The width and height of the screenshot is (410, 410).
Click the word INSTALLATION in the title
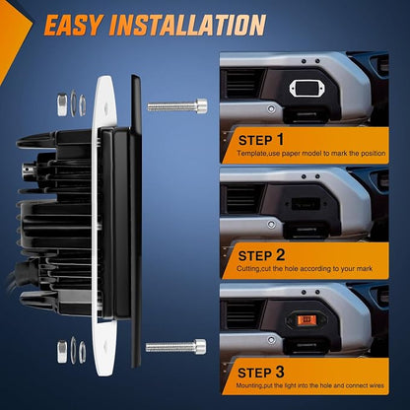tap(188, 25)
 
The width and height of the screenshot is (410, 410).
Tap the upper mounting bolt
tap(177, 105)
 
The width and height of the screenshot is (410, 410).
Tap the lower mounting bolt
tap(176, 347)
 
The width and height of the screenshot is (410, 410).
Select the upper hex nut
tap(62, 104)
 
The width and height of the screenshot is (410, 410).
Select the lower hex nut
tap(62, 352)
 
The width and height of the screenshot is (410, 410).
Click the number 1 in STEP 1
tap(280, 139)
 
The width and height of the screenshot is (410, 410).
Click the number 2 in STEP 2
tap(280, 254)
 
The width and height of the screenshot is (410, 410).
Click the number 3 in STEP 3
tap(280, 372)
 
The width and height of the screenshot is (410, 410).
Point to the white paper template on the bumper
tap(305, 89)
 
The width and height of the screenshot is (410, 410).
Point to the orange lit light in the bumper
tap(307, 319)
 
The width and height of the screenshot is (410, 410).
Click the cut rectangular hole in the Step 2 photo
tap(306, 203)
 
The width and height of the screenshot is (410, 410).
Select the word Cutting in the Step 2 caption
tap(248, 269)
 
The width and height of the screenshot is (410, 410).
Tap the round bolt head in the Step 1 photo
tap(271, 108)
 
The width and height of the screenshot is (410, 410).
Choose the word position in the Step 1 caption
tap(374, 154)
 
